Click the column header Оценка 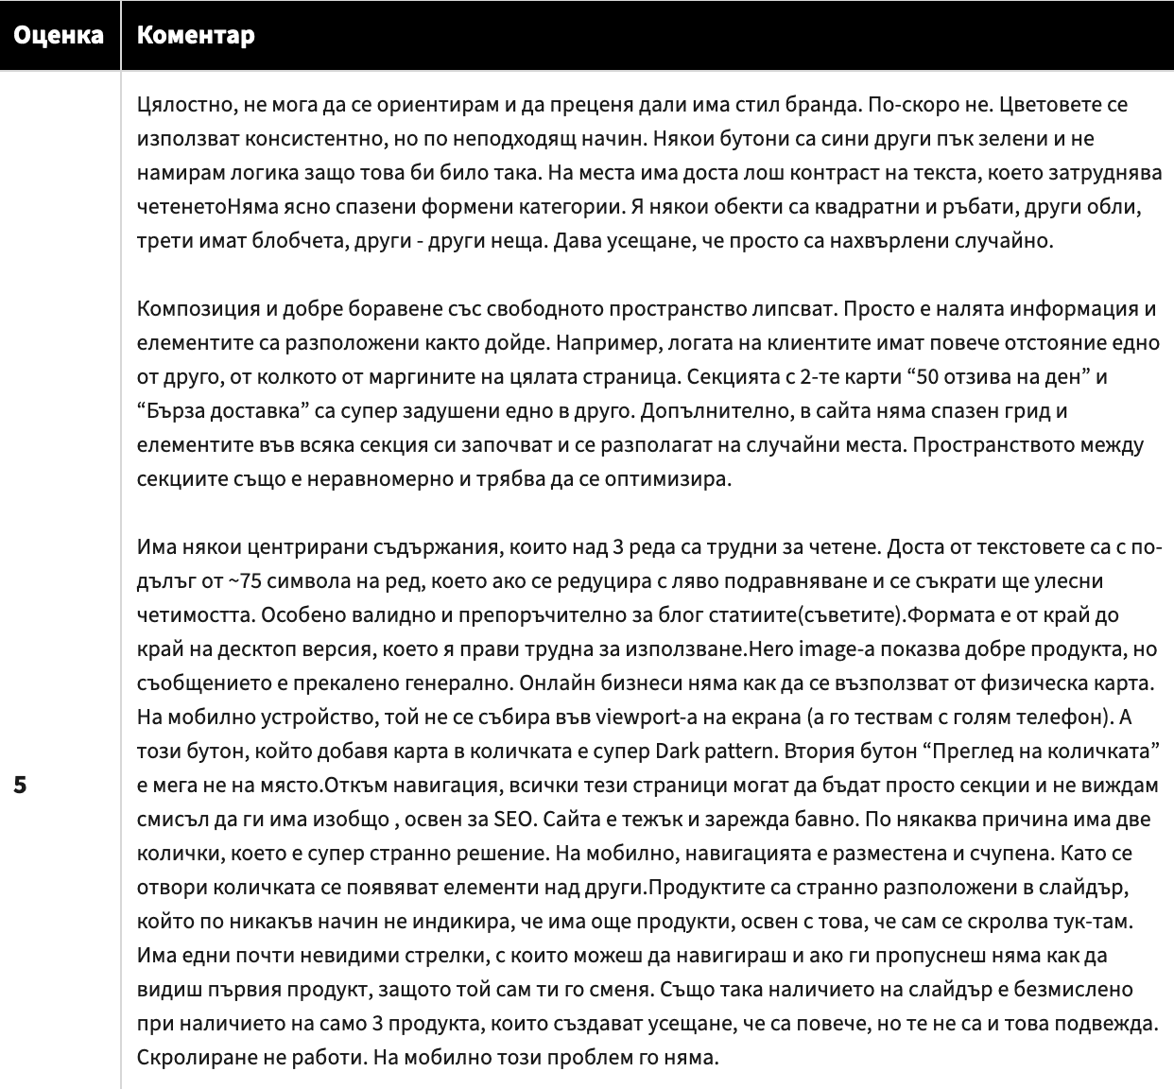(x=59, y=35)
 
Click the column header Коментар (x=196, y=35)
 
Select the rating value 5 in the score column (x=20, y=786)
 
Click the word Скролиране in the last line (x=189, y=1057)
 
